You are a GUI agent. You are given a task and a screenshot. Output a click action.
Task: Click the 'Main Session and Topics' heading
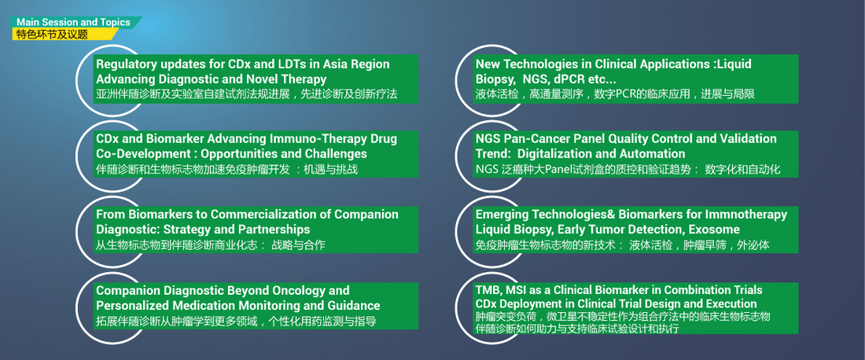[x=73, y=23]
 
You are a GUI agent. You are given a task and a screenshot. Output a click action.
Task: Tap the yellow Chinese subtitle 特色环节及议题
[x=52, y=34]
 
